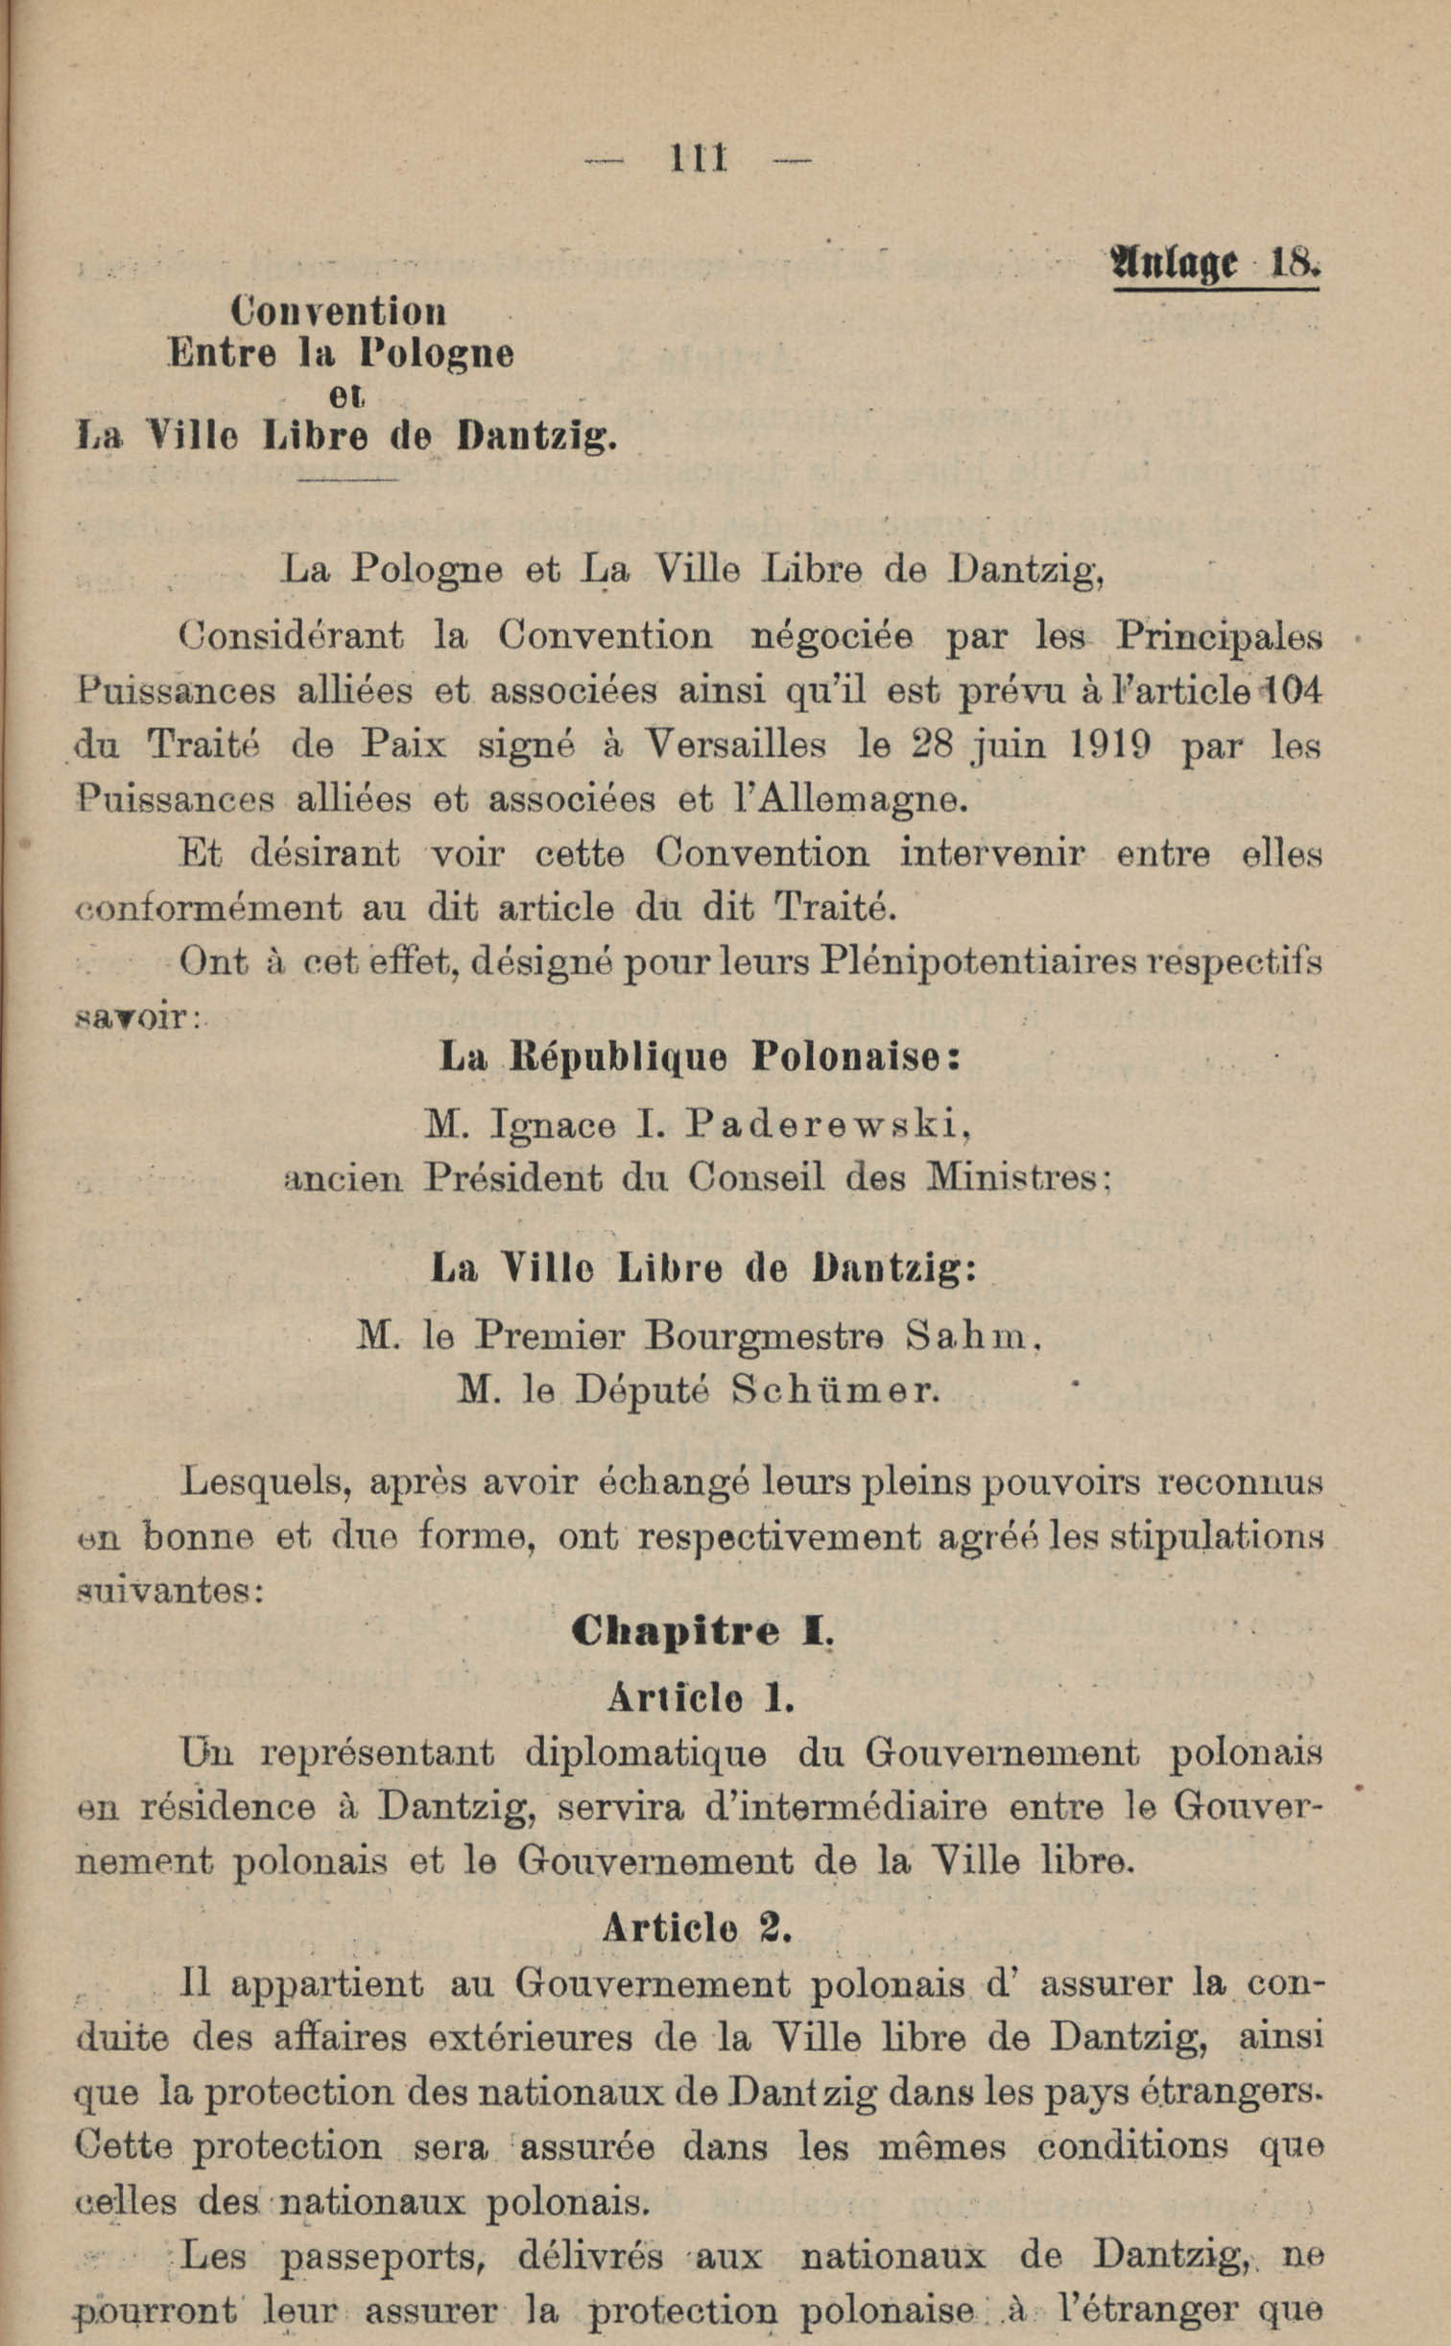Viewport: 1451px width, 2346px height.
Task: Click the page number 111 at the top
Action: coord(700,158)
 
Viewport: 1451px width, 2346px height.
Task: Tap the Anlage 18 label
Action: coord(1215,263)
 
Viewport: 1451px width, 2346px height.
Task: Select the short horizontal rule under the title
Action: coord(346,478)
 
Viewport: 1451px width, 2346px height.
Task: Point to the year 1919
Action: coord(1108,746)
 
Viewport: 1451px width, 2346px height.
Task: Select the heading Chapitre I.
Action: coord(702,1632)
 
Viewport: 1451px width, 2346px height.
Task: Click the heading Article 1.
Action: coord(701,1698)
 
